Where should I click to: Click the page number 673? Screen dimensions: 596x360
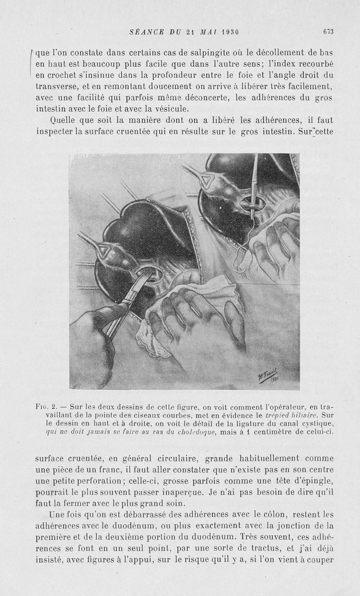coord(328,31)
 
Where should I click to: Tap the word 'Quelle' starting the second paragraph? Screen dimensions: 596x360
coord(66,121)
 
